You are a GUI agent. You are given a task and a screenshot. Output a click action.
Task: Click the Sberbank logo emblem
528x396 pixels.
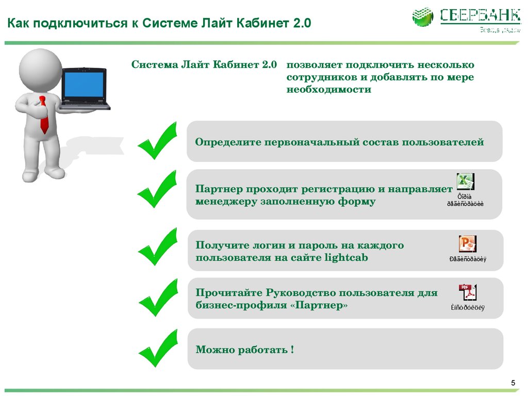tap(423, 17)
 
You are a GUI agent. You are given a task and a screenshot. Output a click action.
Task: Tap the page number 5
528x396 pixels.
tap(513, 382)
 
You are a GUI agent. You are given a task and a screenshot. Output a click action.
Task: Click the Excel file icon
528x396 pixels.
tap(465, 182)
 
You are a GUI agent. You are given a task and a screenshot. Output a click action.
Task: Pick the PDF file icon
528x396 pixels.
tap(467, 292)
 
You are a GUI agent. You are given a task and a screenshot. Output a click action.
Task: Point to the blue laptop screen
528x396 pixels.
tap(84, 85)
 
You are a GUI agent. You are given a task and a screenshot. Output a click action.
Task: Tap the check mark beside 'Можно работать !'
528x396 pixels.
tap(157, 349)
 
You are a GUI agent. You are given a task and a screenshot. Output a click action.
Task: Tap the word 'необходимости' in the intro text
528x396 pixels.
tap(329, 89)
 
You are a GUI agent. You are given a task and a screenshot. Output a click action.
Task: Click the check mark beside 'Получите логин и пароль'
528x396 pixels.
tap(157, 246)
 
